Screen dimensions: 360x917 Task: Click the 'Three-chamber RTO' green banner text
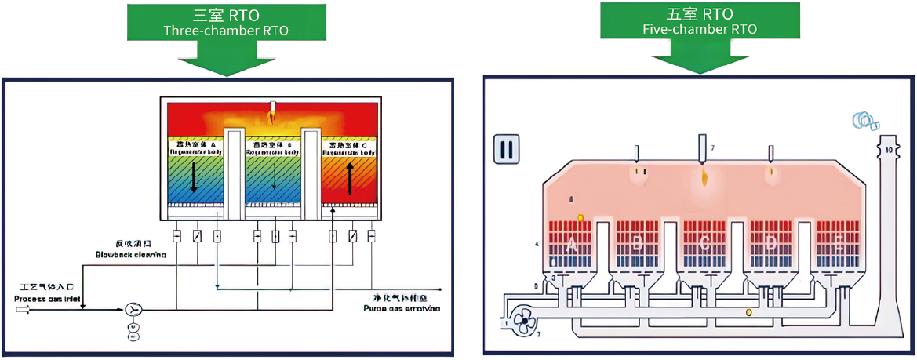pos(225,31)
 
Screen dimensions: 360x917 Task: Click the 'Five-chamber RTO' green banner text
pos(700,29)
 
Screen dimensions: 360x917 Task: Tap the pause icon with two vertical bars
pos(506,149)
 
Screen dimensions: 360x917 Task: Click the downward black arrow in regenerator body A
pos(194,178)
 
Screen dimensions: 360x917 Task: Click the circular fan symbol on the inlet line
pos(133,309)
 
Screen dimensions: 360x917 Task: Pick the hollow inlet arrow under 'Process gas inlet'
pos(23,309)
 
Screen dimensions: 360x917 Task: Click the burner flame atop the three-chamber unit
pos(272,117)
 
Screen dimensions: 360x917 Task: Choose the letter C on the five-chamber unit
pos(704,244)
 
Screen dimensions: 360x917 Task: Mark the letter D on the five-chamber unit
pos(772,244)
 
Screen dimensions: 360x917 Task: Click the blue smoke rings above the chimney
pos(867,120)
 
